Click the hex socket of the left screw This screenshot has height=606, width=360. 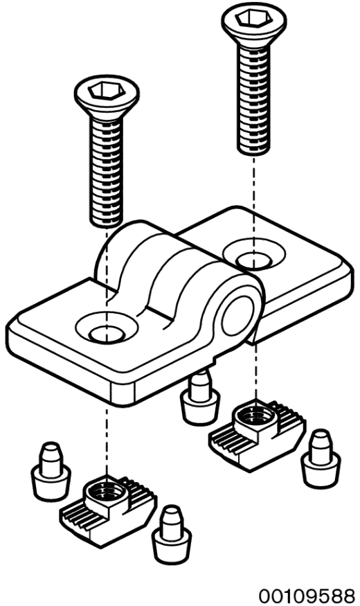tap(107, 91)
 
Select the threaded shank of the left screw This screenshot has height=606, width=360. tap(107, 171)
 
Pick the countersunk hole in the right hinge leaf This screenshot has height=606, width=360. tap(254, 254)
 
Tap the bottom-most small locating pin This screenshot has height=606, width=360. tap(171, 535)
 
